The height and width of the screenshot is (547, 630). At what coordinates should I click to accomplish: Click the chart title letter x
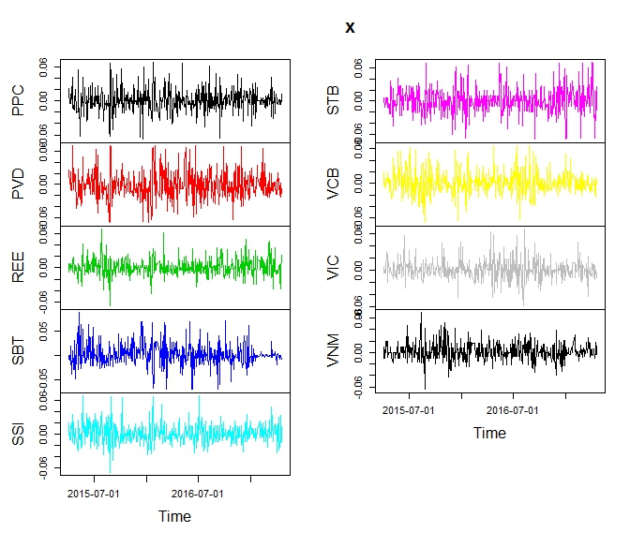pos(351,28)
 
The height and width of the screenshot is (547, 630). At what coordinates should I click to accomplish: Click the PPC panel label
pos(20,101)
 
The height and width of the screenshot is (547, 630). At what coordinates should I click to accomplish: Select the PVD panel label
pos(20,184)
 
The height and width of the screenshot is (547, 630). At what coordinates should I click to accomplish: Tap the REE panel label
pos(20,268)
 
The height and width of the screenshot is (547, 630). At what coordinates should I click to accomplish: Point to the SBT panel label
pos(20,350)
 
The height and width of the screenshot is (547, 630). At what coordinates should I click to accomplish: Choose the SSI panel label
pos(20,434)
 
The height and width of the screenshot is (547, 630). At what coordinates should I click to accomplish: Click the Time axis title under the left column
pos(175,516)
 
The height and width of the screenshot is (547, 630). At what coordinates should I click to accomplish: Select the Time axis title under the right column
pos(489,433)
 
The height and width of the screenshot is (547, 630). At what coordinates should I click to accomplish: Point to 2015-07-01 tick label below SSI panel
pos(95,494)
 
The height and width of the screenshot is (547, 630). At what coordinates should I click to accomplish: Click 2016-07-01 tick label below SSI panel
pos(199,494)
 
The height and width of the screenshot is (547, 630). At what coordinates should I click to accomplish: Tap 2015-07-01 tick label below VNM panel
pos(409,410)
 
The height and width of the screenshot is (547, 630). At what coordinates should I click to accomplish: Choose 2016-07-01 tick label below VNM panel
pos(513,410)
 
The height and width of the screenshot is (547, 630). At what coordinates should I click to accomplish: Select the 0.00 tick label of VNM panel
pos(358,349)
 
